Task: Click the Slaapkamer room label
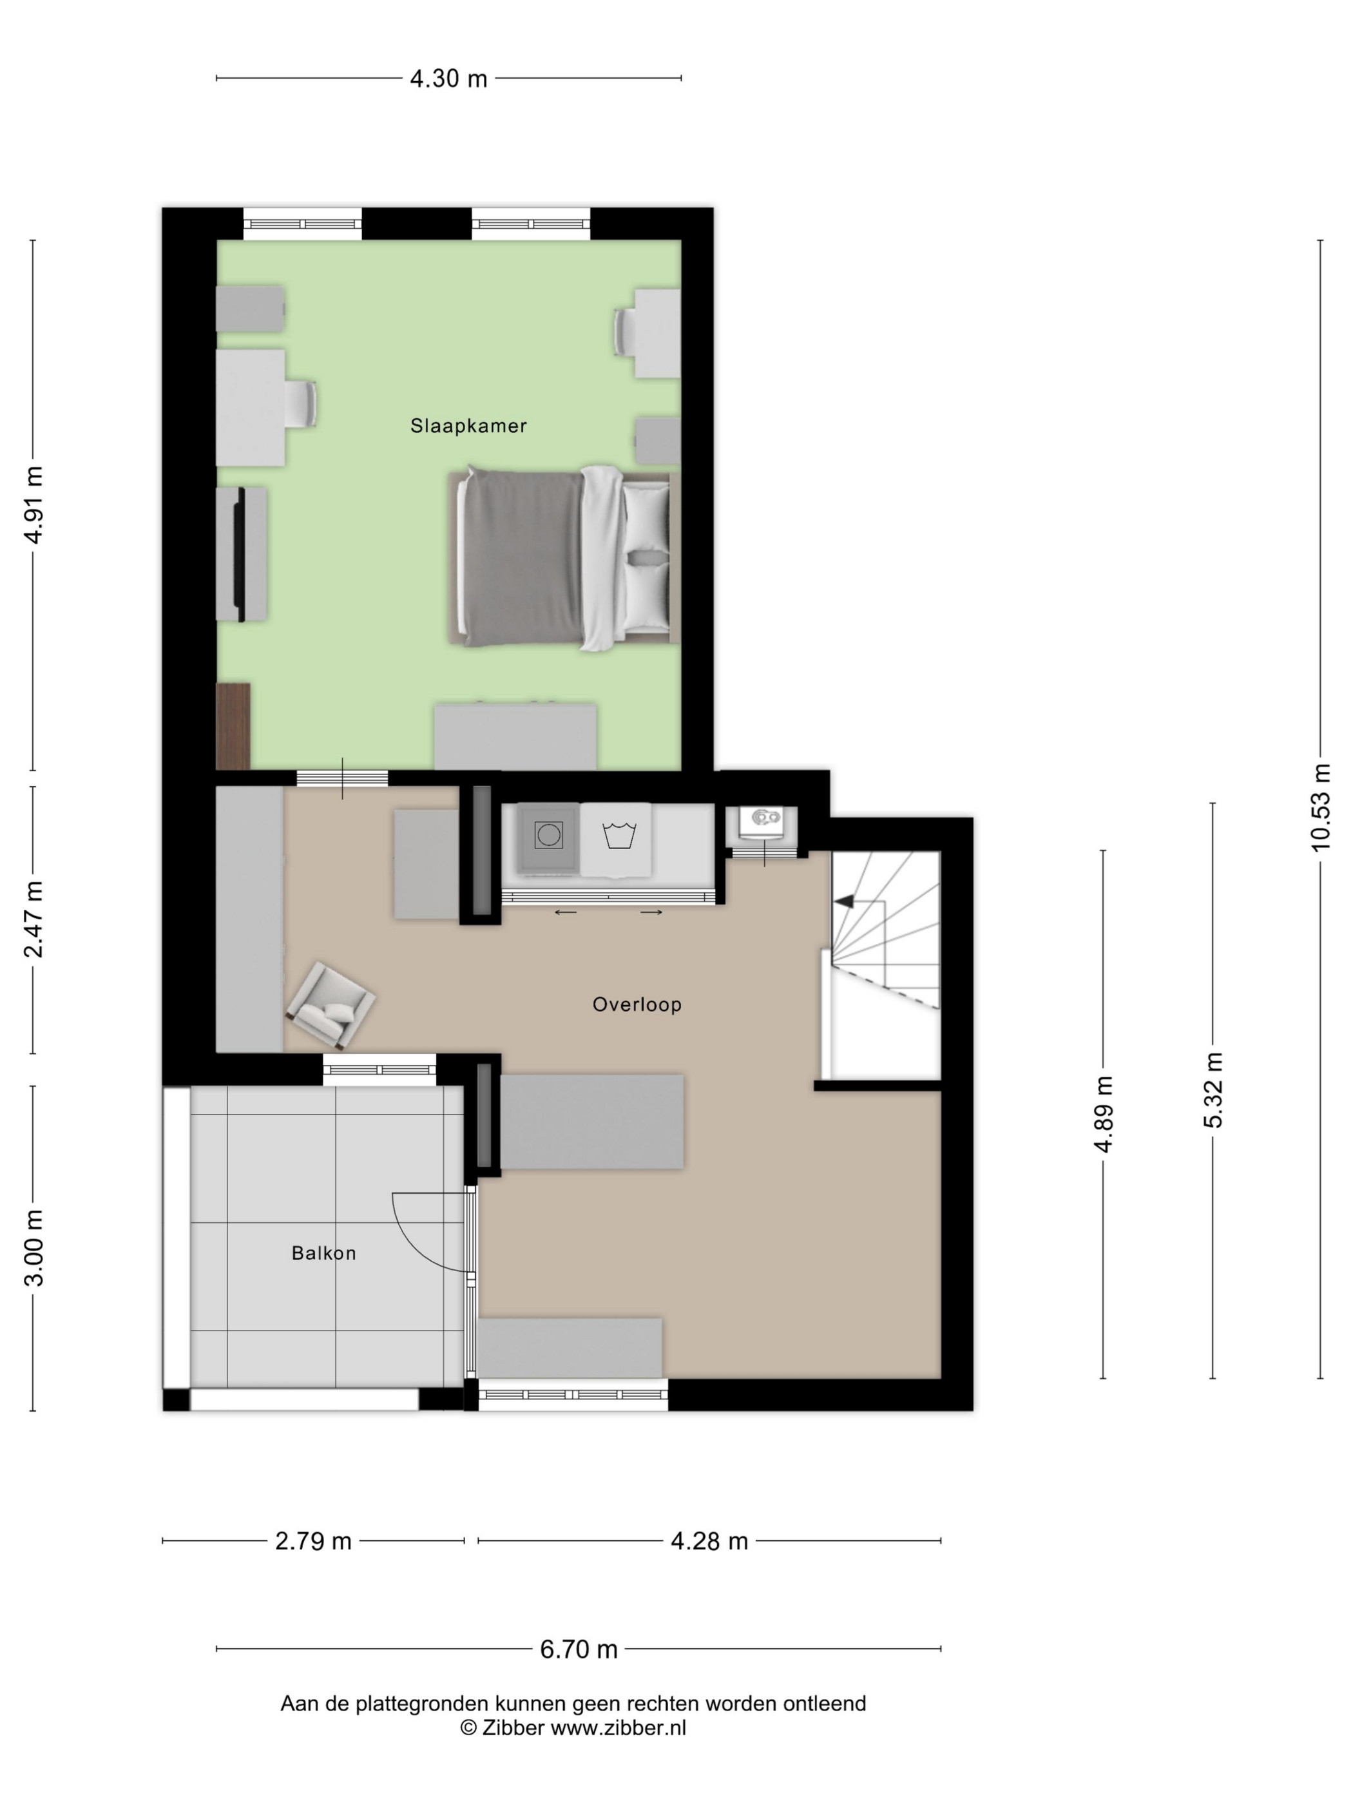(x=468, y=426)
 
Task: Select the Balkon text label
(x=324, y=1254)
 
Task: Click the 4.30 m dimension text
(x=448, y=79)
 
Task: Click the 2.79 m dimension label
(x=313, y=1541)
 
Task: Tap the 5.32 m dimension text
(x=1214, y=1090)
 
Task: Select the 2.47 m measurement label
(x=34, y=920)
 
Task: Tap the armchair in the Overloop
(x=331, y=1004)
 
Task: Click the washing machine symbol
(x=549, y=835)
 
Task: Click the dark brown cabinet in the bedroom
(x=233, y=726)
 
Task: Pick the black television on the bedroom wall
(x=240, y=555)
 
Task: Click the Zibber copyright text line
(x=573, y=1727)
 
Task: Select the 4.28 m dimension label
(x=709, y=1541)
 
